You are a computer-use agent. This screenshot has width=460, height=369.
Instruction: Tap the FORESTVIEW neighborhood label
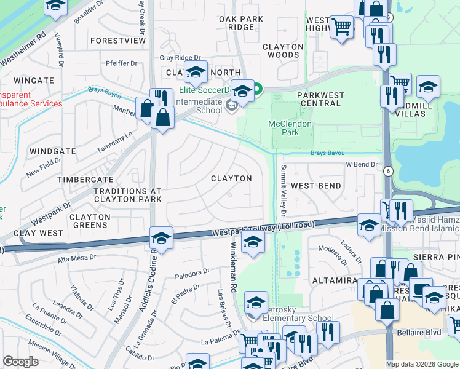117,41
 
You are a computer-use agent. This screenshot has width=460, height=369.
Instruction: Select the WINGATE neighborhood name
34,81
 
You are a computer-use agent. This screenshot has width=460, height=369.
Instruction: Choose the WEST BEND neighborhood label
315,186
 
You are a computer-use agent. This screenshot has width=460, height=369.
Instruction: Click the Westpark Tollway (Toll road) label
264,228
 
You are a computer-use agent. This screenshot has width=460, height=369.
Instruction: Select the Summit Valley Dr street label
284,191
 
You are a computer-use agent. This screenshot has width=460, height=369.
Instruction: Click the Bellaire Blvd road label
420,333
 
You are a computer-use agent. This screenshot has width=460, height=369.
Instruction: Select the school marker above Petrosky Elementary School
256,303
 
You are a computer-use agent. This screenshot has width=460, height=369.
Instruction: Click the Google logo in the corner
21,362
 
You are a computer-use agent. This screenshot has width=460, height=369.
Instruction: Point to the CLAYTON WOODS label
283,50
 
